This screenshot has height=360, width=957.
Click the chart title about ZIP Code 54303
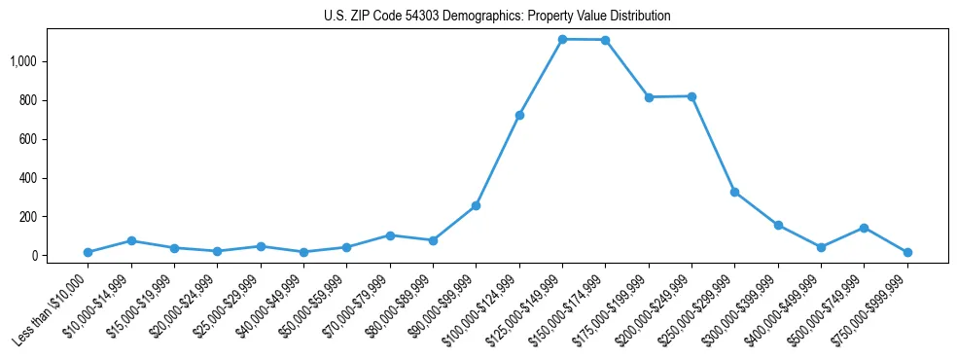tap(497, 17)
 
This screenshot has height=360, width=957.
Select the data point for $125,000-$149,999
tap(562, 39)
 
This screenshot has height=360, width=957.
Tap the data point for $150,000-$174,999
tap(605, 40)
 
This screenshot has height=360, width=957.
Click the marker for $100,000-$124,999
tap(519, 115)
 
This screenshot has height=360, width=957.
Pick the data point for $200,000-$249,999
tap(691, 96)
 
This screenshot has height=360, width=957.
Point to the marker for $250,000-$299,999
tap(734, 192)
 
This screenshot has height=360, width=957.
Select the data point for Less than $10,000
tap(89, 252)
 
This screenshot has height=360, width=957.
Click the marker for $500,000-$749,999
tap(864, 228)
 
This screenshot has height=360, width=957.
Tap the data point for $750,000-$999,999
tap(906, 252)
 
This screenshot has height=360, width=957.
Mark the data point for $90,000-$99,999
tap(476, 205)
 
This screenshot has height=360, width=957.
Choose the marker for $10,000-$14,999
tap(131, 240)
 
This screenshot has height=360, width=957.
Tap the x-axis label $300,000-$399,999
tap(743, 306)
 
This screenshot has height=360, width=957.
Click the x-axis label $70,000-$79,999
tap(358, 304)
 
